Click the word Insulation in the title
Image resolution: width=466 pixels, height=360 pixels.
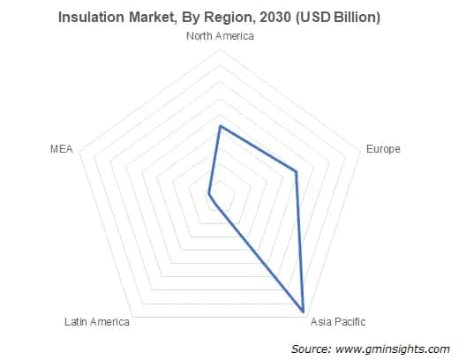(x=92, y=17)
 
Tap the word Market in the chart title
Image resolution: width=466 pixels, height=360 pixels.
(x=157, y=17)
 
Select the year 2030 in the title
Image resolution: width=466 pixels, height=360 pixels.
(x=272, y=17)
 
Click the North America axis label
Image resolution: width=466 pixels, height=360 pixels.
(x=220, y=36)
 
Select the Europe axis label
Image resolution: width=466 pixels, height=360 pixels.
(x=383, y=149)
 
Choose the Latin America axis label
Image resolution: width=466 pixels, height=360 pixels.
(x=97, y=321)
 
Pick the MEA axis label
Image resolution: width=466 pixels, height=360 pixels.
(x=61, y=149)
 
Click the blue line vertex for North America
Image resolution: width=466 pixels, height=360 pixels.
(x=220, y=126)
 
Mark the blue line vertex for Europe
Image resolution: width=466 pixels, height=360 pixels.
(x=297, y=172)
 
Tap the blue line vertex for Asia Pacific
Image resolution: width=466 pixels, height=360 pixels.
(x=304, y=311)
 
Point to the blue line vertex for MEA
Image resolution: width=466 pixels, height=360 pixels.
(x=208, y=192)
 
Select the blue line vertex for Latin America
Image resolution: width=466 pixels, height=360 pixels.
(x=214, y=205)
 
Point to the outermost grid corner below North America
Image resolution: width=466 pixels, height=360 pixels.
(x=220, y=48)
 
